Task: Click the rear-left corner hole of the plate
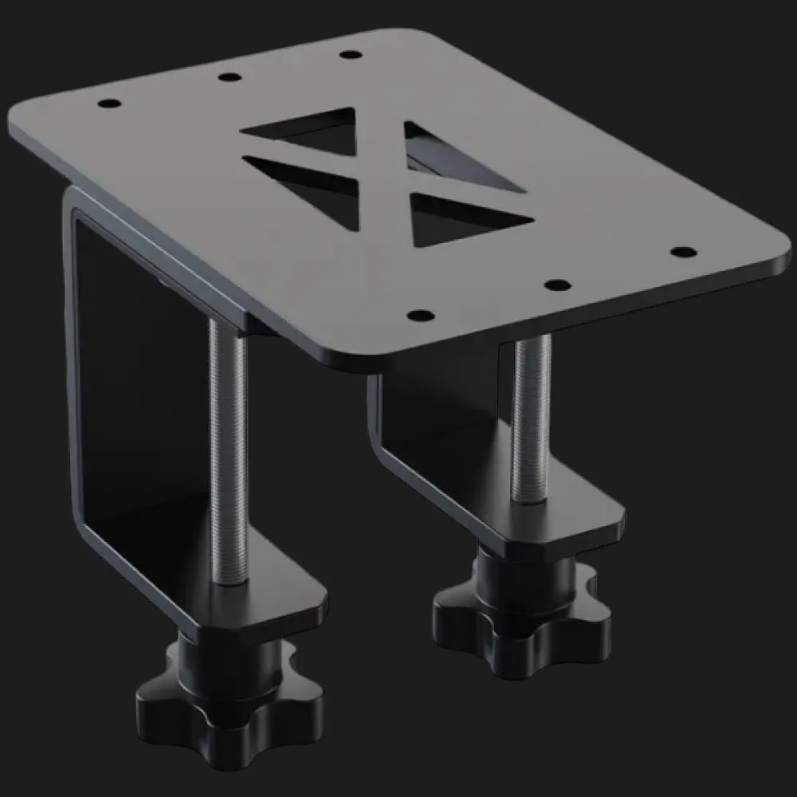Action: point(106,104)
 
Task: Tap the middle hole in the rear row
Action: point(230,77)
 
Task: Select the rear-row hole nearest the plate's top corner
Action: point(348,54)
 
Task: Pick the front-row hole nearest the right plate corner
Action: point(682,252)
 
